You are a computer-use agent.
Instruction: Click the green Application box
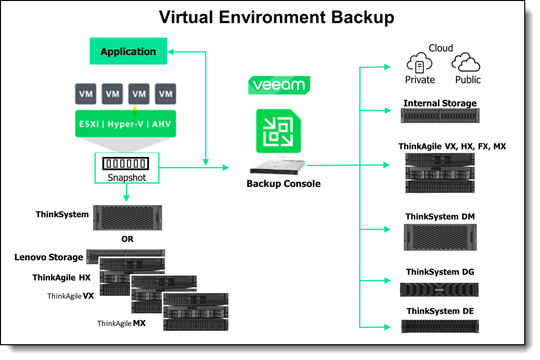point(128,52)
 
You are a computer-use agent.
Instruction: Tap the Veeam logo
point(279,85)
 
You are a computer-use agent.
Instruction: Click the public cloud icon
point(466,63)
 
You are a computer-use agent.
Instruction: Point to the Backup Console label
point(284,184)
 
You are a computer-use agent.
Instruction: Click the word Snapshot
point(127,178)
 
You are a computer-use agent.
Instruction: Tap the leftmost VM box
point(86,94)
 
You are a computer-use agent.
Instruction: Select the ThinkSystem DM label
point(440,217)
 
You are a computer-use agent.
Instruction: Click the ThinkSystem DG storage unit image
point(439,290)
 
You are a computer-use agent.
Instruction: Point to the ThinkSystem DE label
point(440,311)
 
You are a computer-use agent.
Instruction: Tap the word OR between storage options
point(127,239)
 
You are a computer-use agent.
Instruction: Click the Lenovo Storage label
point(49,257)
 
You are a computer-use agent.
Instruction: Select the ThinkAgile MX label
point(122,324)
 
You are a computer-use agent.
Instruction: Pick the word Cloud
point(441,48)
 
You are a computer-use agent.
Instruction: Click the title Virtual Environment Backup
point(276,17)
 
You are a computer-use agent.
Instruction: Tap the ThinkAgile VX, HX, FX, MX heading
point(452,146)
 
